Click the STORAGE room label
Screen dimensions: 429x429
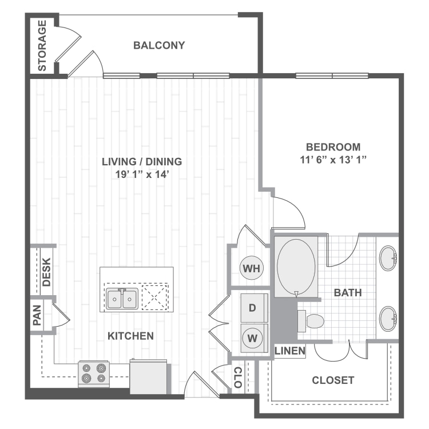coord(42,46)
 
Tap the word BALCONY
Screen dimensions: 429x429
coord(159,45)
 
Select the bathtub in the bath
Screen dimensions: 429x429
coord(295,267)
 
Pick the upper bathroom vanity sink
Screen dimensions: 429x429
coord(389,259)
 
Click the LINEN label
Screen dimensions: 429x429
coord(289,351)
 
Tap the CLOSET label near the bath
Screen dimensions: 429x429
coord(333,380)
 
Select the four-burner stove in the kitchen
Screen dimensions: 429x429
coord(94,372)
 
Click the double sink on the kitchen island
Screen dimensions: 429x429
coord(122,298)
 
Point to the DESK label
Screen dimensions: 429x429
coord(46,272)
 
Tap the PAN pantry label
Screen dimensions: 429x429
coord(37,314)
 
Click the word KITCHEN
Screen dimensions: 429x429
coord(131,336)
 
